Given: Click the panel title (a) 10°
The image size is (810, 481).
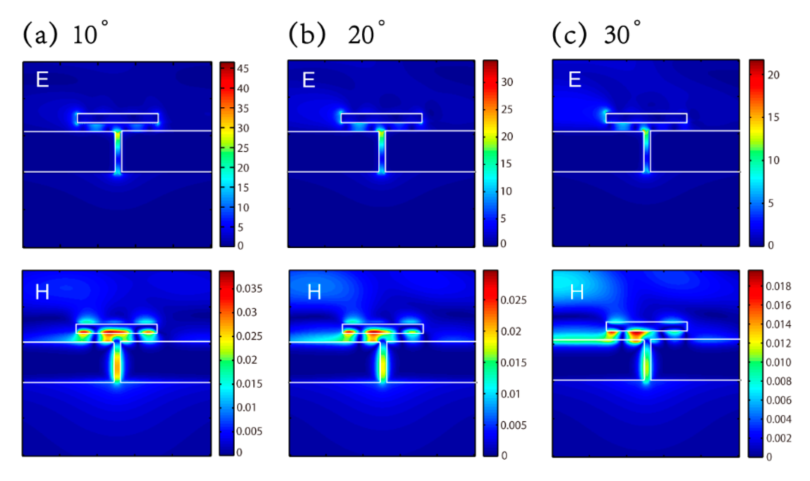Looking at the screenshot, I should tap(65, 34).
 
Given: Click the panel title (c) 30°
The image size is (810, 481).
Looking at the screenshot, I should tap(596, 34).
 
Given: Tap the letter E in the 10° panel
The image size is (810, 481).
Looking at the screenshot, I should tap(42, 79).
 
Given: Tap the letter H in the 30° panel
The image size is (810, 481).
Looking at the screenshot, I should tap(577, 292).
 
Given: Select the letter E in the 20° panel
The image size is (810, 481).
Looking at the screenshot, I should tap(308, 80).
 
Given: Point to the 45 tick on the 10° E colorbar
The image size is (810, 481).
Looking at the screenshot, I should tap(243, 69).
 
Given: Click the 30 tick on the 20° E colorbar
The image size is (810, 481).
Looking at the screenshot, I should tap(507, 82).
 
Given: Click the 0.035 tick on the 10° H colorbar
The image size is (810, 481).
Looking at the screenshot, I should tap(249, 289).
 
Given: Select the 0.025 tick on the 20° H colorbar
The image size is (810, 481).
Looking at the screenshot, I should tap(514, 300).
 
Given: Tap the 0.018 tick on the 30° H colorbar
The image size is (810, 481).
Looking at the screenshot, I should tap(778, 286).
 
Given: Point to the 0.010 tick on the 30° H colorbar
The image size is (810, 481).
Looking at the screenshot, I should tap(778, 362).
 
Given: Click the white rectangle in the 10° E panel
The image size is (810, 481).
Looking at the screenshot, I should tap(118, 118).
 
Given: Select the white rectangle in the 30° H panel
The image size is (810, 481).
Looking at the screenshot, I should tap(647, 326).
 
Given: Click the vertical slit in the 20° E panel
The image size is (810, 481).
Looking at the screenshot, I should tap(382, 151).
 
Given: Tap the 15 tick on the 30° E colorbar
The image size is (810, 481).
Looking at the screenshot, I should tap(773, 117).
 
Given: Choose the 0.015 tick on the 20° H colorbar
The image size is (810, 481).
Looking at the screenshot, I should tap(514, 362).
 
